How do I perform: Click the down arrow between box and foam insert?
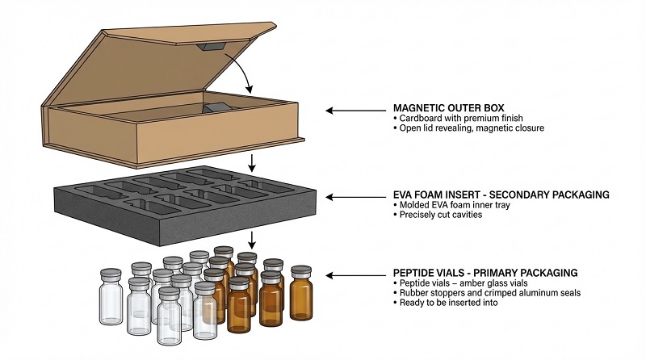(x=253, y=162)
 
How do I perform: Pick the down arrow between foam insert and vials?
(x=253, y=239)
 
